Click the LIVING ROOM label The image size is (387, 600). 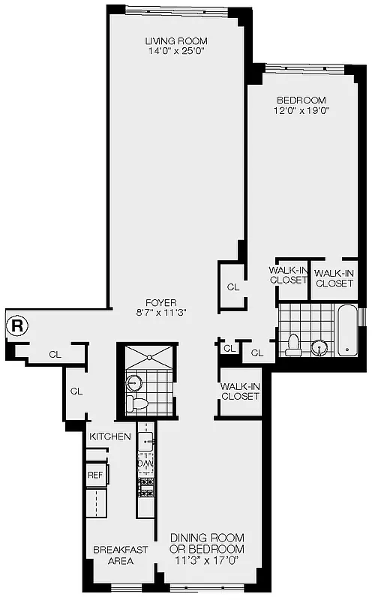175,40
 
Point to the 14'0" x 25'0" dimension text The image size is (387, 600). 175,52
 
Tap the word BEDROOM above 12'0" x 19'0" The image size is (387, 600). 301,100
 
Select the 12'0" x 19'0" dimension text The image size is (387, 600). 301,111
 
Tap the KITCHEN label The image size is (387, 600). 110,436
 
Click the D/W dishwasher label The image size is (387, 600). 145,463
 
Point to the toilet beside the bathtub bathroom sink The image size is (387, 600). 293,345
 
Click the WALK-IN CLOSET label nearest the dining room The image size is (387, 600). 240,391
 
